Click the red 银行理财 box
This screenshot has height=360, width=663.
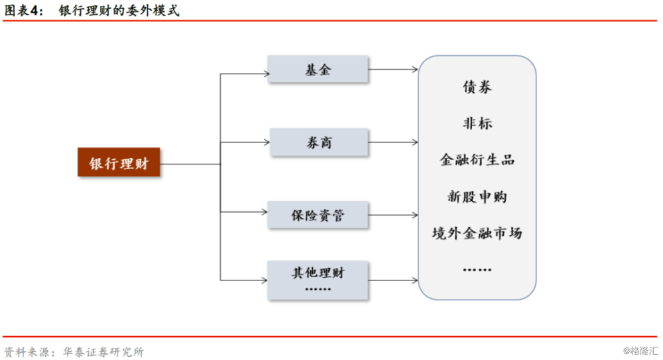tap(119, 162)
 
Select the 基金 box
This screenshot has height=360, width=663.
tap(318, 69)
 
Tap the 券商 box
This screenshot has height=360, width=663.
tap(319, 142)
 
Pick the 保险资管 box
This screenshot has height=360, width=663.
tap(318, 215)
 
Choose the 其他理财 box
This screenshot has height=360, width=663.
tap(318, 280)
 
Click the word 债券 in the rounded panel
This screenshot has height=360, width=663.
tap(477, 87)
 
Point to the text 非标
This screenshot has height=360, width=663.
tap(477, 123)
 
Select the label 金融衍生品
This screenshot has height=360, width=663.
tap(477, 160)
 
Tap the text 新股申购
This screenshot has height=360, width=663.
tap(477, 197)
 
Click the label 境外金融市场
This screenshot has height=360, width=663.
tap(477, 233)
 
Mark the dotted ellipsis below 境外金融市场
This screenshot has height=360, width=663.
tap(477, 269)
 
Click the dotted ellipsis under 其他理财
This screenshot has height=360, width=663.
tap(318, 289)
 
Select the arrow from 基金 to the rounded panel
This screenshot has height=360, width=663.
tap(392, 69)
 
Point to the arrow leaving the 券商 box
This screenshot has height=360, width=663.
tap(392, 142)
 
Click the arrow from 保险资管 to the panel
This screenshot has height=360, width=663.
tap(392, 215)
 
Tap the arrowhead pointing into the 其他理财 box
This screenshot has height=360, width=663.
tap(265, 280)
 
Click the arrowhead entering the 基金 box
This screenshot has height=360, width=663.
tap(267, 74)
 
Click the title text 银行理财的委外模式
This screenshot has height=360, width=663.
tap(119, 10)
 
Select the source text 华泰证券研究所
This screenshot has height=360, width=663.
tap(103, 352)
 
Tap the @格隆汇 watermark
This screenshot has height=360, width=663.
tap(640, 351)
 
